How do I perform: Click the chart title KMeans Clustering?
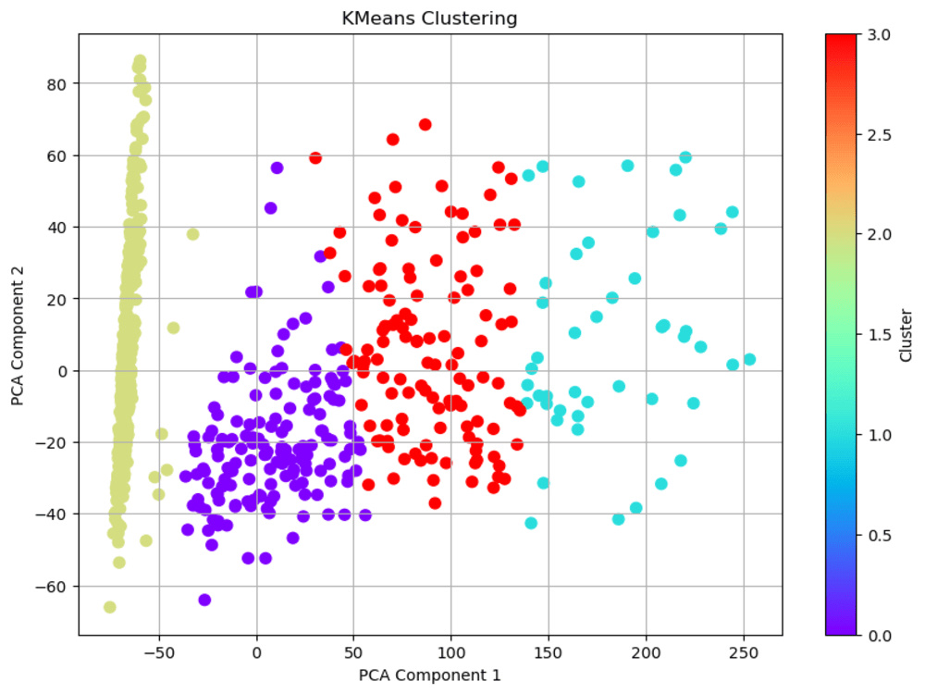click(429, 19)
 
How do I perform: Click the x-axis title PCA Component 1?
click(429, 675)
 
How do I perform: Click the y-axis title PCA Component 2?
click(18, 335)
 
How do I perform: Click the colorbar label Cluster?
click(906, 335)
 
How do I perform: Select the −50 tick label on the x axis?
click(159, 653)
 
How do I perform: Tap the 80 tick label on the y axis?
click(56, 84)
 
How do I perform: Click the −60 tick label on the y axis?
click(51, 587)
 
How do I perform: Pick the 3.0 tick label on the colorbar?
click(879, 35)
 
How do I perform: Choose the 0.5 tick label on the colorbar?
click(879, 536)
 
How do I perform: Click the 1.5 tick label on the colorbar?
click(879, 335)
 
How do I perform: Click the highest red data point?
click(425, 125)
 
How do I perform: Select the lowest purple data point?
click(204, 601)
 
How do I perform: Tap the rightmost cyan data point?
click(749, 359)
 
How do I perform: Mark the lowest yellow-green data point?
click(110, 607)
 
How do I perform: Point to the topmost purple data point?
click(277, 168)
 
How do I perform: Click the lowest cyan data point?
click(531, 523)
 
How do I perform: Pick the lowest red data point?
click(435, 503)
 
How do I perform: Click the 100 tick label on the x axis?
click(451, 653)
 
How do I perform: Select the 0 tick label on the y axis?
click(62, 371)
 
